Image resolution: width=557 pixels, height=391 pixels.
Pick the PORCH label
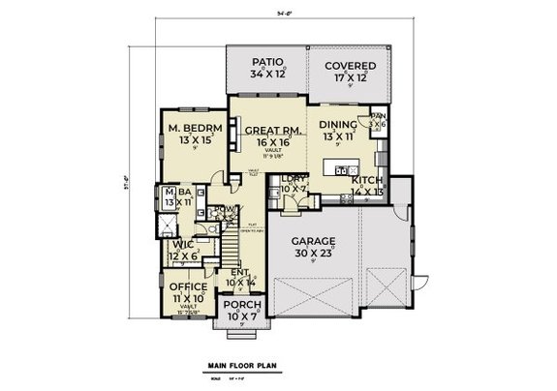(x=242, y=304)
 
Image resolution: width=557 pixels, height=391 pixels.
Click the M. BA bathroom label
(x=175, y=192)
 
